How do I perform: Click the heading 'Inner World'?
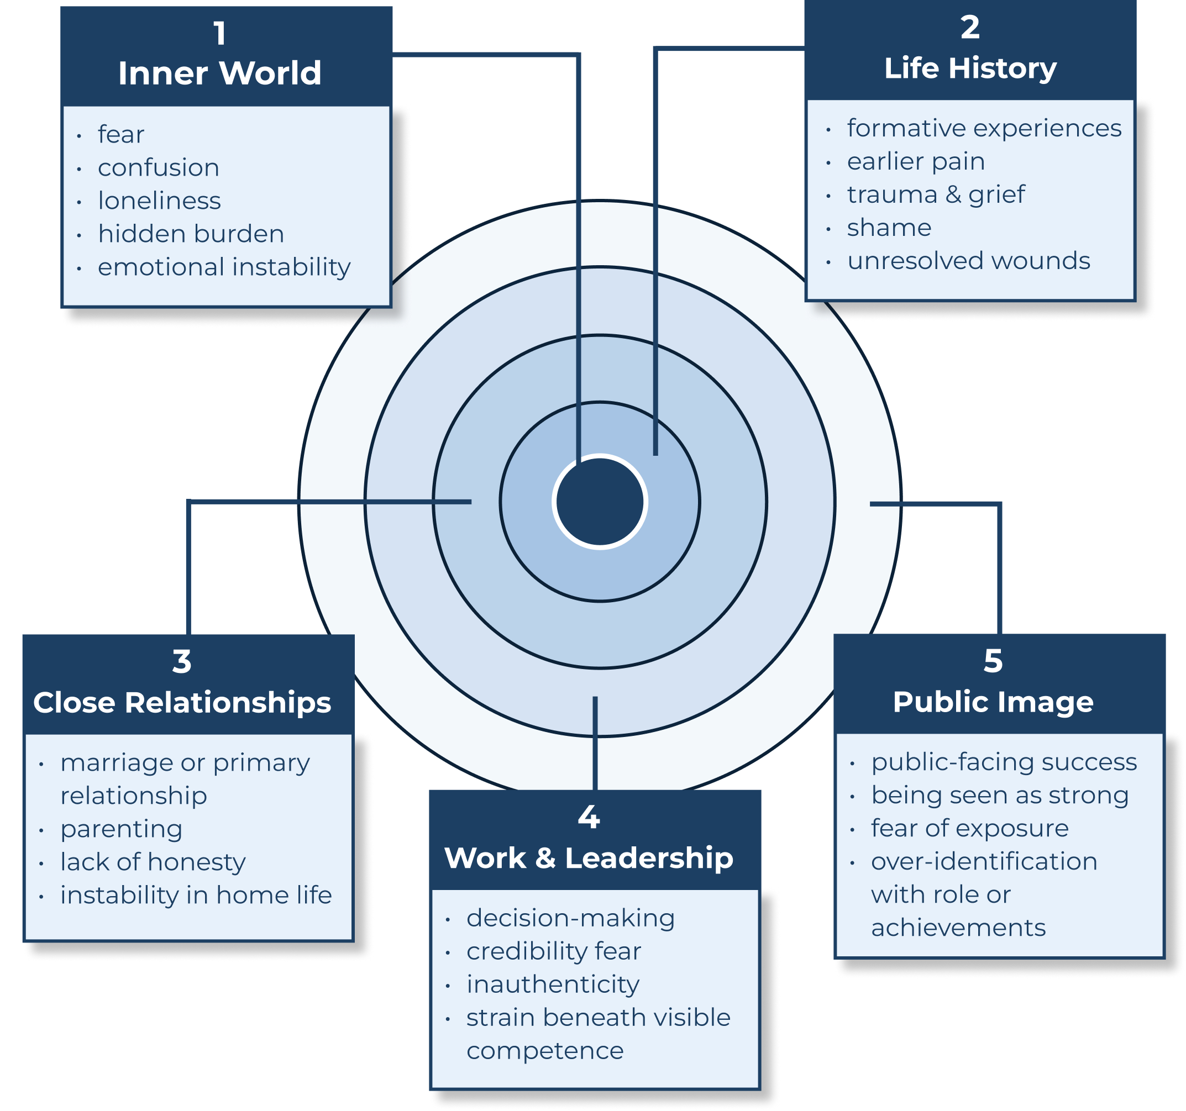pos(219,73)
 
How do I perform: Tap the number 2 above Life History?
pos(970,28)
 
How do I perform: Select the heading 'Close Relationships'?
pos(182,703)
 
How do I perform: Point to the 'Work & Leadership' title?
pos(589,858)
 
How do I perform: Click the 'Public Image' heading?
pos(993,702)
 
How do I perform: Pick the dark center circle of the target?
pos(600,502)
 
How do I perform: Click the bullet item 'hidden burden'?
pos(191,234)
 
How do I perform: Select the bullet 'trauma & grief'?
pos(936,194)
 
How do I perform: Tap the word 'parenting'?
pos(121,829)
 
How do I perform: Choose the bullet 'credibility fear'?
pos(553,951)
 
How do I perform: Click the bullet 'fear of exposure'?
pos(969,828)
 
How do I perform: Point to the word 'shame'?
pos(889,228)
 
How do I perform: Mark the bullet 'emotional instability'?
pos(224,267)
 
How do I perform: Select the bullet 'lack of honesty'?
pos(153,862)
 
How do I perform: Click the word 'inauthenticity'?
pos(553,984)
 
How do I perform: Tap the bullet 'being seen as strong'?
pos(999,795)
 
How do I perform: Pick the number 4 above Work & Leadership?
pos(589,817)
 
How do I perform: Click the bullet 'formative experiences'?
pos(984,128)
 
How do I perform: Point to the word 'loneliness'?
pos(159,201)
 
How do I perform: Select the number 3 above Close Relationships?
pos(182,661)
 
